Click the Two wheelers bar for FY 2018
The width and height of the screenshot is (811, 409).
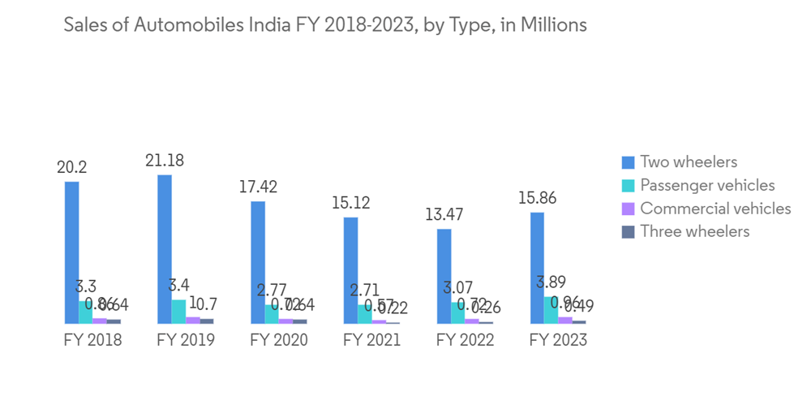[x=72, y=252]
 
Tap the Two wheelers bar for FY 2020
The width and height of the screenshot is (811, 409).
[x=258, y=262]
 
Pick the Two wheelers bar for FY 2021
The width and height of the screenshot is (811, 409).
[x=350, y=270]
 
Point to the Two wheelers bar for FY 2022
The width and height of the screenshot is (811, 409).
[x=444, y=276]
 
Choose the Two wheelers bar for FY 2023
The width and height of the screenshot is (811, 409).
[x=537, y=268]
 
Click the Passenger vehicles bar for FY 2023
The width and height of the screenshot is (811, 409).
[x=551, y=310]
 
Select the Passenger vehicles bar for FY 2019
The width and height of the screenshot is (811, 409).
[x=178, y=312]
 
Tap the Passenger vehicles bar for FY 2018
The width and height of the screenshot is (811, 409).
[x=86, y=312]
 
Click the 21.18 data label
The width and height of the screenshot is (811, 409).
[x=165, y=161]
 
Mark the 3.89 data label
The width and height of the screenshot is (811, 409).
[x=551, y=283]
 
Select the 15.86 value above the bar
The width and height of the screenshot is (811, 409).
[x=537, y=198]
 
